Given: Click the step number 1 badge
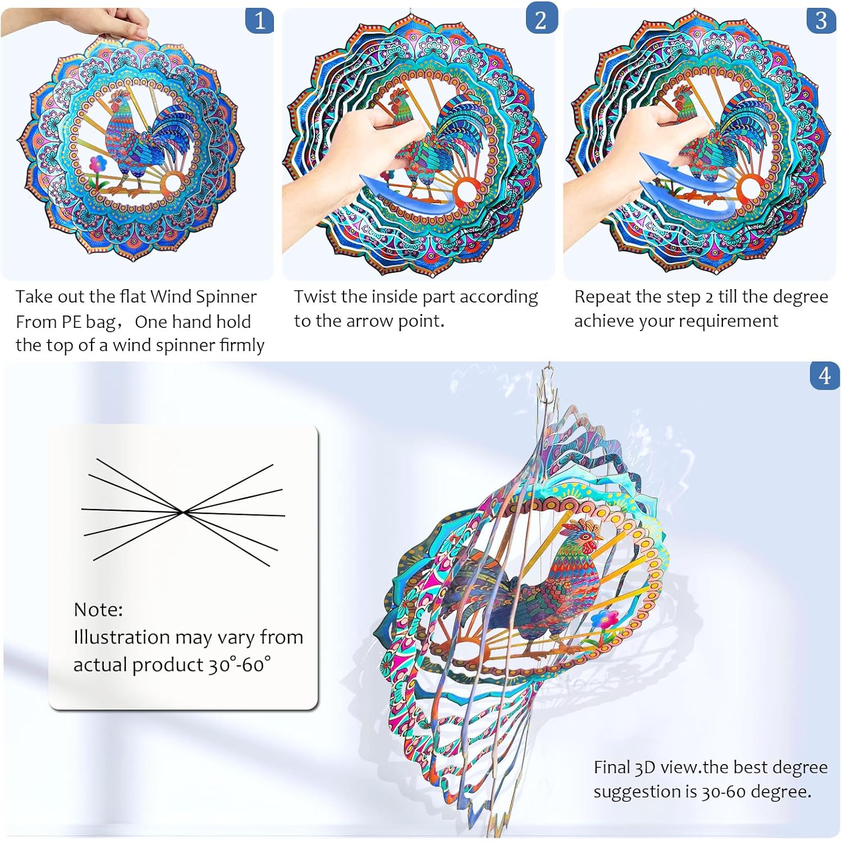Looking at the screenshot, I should (x=259, y=21).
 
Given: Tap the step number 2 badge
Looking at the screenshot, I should (x=541, y=21).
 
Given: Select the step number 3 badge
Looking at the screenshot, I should (x=821, y=21).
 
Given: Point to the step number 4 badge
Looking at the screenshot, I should (x=824, y=376).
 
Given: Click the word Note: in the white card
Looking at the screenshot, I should (x=98, y=609).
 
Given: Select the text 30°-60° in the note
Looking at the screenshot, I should (x=239, y=665).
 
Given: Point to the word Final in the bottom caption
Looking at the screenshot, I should (x=612, y=767).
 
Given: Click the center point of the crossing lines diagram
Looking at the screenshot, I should (x=182, y=511).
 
